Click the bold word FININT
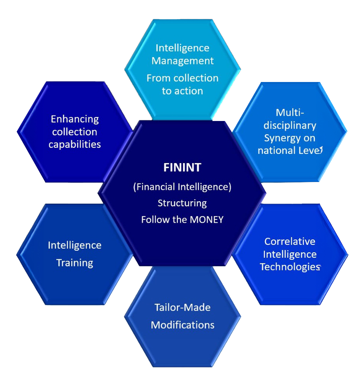182,167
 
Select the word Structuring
182,203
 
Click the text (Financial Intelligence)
182,187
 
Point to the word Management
183,61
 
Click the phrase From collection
182,78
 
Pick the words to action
182,91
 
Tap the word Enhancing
75,119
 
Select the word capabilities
75,144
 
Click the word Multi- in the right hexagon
290,112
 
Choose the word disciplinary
290,125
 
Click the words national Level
290,150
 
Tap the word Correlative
290,241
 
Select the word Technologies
290,267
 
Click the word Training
75,263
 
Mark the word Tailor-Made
182,307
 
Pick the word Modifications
182,325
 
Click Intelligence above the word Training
75,245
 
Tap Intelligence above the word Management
182,48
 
